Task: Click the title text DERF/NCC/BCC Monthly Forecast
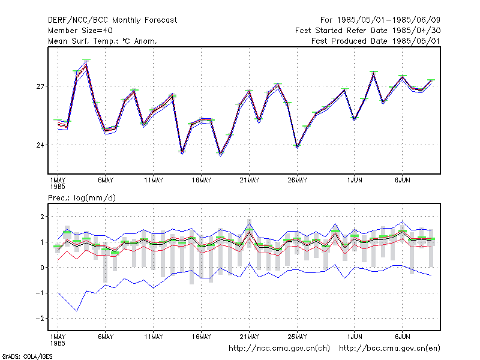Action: click(112, 20)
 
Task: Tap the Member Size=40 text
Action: click(80, 31)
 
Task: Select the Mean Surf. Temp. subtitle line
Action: click(103, 41)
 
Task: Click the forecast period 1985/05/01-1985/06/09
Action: click(380, 20)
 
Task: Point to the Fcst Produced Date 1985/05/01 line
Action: click(376, 41)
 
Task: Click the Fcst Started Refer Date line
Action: click(368, 31)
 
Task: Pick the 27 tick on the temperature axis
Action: click(40, 86)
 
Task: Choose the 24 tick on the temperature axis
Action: click(40, 145)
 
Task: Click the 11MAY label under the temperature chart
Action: click(154, 180)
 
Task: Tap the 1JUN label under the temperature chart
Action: click(355, 180)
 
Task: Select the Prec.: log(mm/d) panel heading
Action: click(82, 198)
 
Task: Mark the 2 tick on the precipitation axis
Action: click(42, 217)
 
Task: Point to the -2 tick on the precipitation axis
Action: click(40, 319)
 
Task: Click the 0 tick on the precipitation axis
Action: click(42, 268)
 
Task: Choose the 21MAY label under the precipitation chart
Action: click(249, 337)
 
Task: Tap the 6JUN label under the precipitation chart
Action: click(402, 337)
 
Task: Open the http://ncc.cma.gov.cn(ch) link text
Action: click(279, 349)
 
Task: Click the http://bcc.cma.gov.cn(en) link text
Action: click(389, 349)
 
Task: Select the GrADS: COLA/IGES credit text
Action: click(27, 356)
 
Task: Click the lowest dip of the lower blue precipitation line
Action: click(77, 311)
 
